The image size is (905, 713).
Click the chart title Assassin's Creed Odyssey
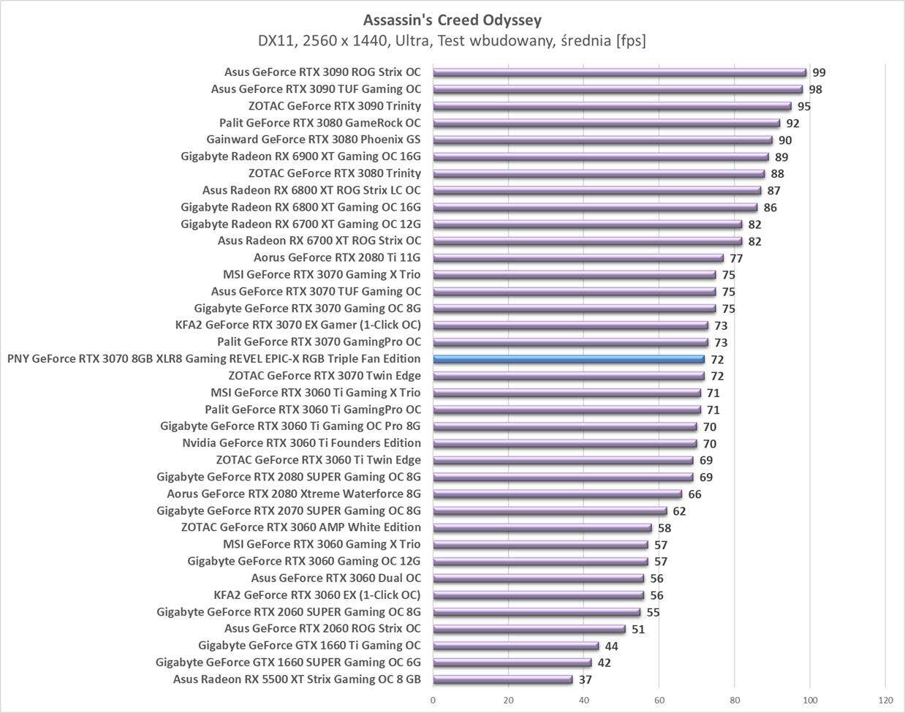pyautogui.click(x=452, y=20)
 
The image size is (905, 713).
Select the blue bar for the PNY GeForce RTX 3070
pyautogui.click(x=569, y=359)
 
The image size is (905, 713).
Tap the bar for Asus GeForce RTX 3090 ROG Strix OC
pyautogui.click(x=619, y=72)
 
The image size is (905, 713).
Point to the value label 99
pyautogui.click(x=819, y=72)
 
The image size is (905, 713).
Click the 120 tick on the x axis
pyautogui.click(x=885, y=700)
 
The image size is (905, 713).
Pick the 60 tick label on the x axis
pyautogui.click(x=659, y=700)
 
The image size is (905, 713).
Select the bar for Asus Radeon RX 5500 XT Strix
pyautogui.click(x=503, y=679)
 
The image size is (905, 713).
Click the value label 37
pyautogui.click(x=585, y=679)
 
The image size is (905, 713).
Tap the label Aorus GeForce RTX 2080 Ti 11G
pyautogui.click(x=337, y=257)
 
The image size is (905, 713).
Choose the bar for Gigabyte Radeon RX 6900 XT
pyautogui.click(x=601, y=156)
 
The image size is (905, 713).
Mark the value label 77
pyautogui.click(x=736, y=258)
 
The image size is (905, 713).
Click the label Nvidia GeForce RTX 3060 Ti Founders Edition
pyautogui.click(x=301, y=443)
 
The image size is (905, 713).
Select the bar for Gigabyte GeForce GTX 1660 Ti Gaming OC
pyautogui.click(x=516, y=646)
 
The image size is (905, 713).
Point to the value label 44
pyautogui.click(x=611, y=646)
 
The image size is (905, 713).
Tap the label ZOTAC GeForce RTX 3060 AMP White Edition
pyautogui.click(x=300, y=527)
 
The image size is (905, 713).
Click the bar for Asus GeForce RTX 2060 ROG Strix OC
pyautogui.click(x=529, y=629)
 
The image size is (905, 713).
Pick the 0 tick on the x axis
pyautogui.click(x=433, y=700)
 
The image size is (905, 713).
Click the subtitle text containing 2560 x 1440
pyautogui.click(x=452, y=41)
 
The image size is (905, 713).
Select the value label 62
pyautogui.click(x=679, y=511)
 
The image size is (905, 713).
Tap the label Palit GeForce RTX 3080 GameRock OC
pyautogui.click(x=320, y=123)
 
